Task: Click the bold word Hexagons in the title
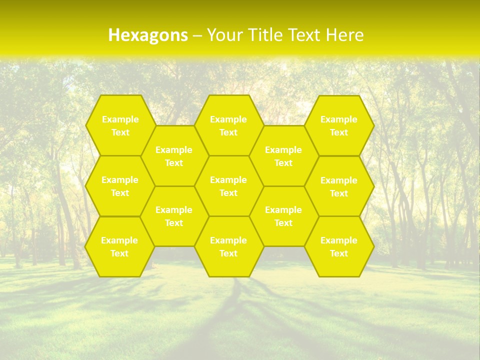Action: tap(148, 35)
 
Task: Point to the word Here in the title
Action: tap(344, 35)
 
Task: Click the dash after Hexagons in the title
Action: tap(197, 35)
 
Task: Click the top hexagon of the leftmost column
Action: tap(120, 125)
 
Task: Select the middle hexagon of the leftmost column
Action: tap(120, 186)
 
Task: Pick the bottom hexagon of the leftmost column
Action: tap(119, 246)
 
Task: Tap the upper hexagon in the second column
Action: tap(174, 156)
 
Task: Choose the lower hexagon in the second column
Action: tap(174, 216)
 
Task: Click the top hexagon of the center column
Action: tap(228, 125)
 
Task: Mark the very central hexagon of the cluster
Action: tap(228, 186)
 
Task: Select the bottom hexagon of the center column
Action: tap(228, 246)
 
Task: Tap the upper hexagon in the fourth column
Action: tap(283, 156)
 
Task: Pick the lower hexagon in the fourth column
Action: tap(283, 216)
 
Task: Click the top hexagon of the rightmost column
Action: tap(339, 125)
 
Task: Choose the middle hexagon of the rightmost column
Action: tap(339, 186)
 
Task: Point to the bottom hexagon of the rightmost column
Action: tap(339, 246)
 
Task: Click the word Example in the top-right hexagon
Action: tap(339, 119)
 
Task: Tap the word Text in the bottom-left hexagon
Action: tap(119, 253)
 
